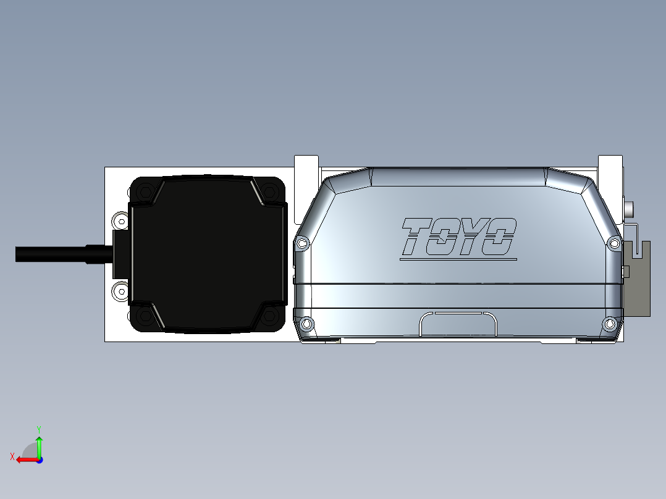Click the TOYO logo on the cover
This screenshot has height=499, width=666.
(458, 237)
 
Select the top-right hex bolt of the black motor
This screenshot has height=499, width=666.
(270, 191)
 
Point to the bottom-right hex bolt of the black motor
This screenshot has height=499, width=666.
(270, 316)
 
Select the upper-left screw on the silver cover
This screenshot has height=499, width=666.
(302, 243)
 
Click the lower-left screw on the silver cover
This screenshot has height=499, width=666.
(306, 324)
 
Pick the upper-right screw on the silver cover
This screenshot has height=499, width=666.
(614, 243)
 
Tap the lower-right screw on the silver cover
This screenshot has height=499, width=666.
(610, 324)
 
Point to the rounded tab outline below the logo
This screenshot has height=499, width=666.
(458, 324)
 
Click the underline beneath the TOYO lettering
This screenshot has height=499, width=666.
(458, 260)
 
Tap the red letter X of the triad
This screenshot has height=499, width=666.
(12, 456)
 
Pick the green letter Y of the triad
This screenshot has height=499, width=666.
(38, 428)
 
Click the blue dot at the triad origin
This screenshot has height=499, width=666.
(39, 460)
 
